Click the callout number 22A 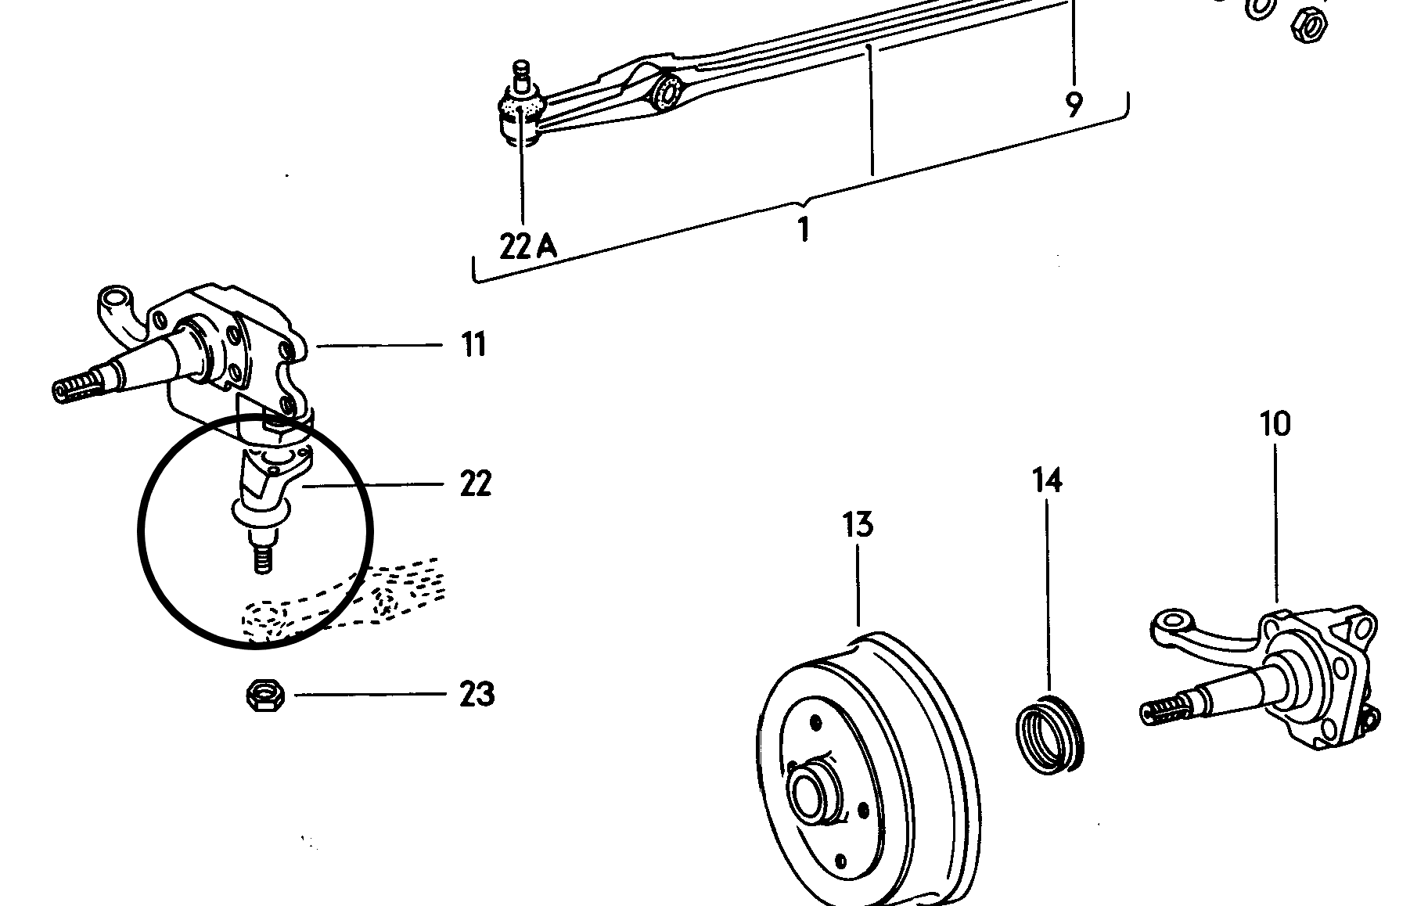pos(528,246)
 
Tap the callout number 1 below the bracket pos(803,230)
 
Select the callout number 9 pos(1074,103)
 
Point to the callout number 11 pos(473,344)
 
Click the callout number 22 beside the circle pos(475,484)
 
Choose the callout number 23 pos(477,694)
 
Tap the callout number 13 pos(858,524)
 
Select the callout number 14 pos(1047,480)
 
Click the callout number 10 pos(1275,424)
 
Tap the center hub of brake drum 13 pos(811,795)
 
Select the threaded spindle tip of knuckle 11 pos(74,389)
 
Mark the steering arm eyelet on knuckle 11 pos(115,298)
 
